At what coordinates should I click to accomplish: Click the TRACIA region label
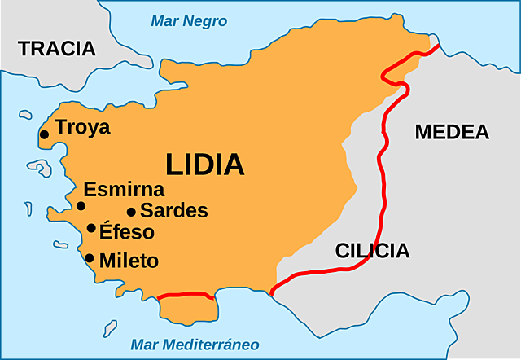pyautogui.click(x=57, y=48)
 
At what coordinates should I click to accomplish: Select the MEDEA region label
pyautogui.click(x=452, y=132)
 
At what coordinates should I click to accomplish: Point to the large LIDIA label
pyautogui.click(x=205, y=165)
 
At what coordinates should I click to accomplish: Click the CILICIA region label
pyautogui.click(x=372, y=251)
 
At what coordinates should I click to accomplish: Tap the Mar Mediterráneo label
pyautogui.click(x=195, y=344)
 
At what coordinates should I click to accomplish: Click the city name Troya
pyautogui.click(x=82, y=128)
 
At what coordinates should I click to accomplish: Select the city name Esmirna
pyautogui.click(x=124, y=190)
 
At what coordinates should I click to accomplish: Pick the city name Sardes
pyautogui.click(x=173, y=211)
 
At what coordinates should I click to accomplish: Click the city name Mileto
pyautogui.click(x=129, y=261)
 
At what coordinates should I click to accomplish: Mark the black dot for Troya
pyautogui.click(x=45, y=134)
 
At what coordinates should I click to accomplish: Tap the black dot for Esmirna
pyautogui.click(x=81, y=206)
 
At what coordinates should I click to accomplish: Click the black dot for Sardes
pyautogui.click(x=131, y=212)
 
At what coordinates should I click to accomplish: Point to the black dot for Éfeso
pyautogui.click(x=91, y=228)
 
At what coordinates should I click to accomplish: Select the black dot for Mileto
pyautogui.click(x=90, y=258)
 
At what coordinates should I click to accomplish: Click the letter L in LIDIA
pyautogui.click(x=174, y=165)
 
